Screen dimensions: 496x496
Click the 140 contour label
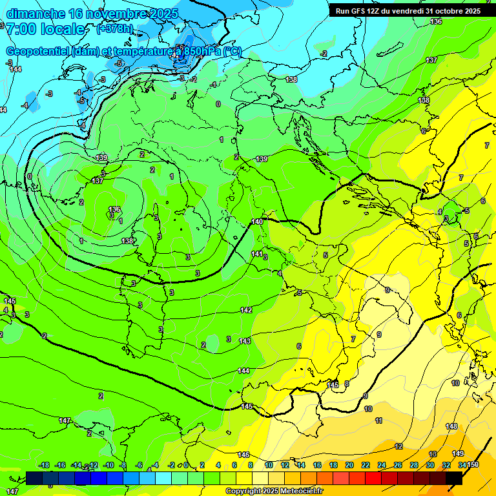click(257, 222)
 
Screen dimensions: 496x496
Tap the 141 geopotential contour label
click(257, 254)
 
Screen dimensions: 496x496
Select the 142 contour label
click(246, 311)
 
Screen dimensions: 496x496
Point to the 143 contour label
click(244, 341)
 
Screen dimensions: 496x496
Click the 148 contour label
click(451, 426)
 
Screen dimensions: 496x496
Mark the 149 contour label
click(458, 453)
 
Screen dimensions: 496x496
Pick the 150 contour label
click(473, 465)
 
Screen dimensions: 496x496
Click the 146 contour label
click(243, 455)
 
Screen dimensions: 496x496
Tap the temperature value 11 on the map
click(378, 420)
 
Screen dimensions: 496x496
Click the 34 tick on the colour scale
click(462, 465)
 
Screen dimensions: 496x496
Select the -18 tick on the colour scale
click(44, 465)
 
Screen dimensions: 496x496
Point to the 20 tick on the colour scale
click(349, 465)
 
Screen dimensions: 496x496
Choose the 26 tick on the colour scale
click(397, 465)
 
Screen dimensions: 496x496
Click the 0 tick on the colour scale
click(185, 465)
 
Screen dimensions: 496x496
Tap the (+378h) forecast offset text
click(114, 28)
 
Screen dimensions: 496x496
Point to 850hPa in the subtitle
click(201, 51)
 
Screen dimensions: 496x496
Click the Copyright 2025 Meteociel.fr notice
click(274, 491)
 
